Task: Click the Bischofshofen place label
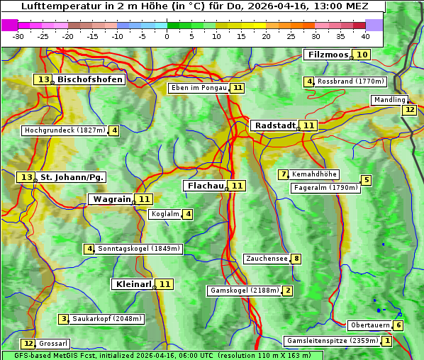pos(90,80)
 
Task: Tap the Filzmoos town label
pos(327,55)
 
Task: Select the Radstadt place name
pos(275,125)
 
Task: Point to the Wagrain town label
pos(112,199)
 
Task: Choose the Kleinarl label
pos(133,284)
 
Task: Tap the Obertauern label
pos(370,325)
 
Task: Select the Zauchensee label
pos(267,259)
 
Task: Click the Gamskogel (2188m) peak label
pos(245,291)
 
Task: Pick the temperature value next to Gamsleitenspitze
pos(387,341)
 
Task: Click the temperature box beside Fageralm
pos(366,180)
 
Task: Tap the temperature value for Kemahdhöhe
pos(284,174)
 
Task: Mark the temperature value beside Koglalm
pos(188,214)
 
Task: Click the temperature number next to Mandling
pos(409,110)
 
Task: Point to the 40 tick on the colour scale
pos(365,36)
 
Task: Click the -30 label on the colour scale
pos(18,36)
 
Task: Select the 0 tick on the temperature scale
pos(167,36)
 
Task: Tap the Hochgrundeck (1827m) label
pos(65,130)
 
